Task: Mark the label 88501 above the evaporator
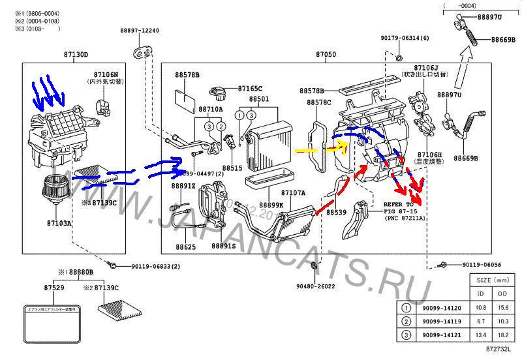tap(258, 99)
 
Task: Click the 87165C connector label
tap(250, 88)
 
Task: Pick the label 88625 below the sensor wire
tap(185, 247)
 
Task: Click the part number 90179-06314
tap(405, 38)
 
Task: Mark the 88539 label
tap(336, 212)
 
